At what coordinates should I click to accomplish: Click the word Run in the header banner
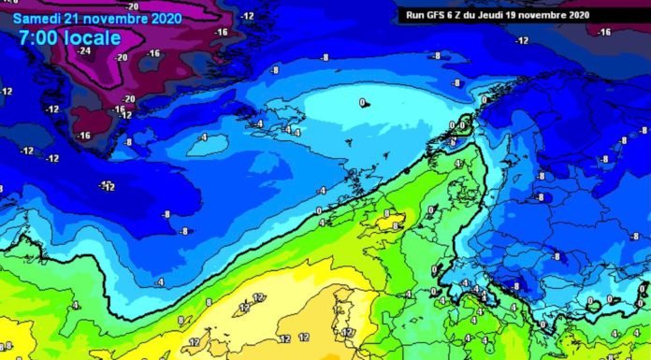pos(412,14)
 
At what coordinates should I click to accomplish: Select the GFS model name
pos(436,14)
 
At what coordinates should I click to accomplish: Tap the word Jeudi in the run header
pos(501,14)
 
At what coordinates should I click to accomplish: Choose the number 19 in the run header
pos(526,14)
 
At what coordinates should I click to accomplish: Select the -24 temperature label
pos(85,51)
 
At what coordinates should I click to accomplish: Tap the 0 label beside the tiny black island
pos(361,102)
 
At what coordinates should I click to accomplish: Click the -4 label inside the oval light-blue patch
pos(203,137)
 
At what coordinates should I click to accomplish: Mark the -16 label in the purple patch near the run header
pos(604,32)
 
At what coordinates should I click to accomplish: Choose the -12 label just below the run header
pos(521,40)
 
